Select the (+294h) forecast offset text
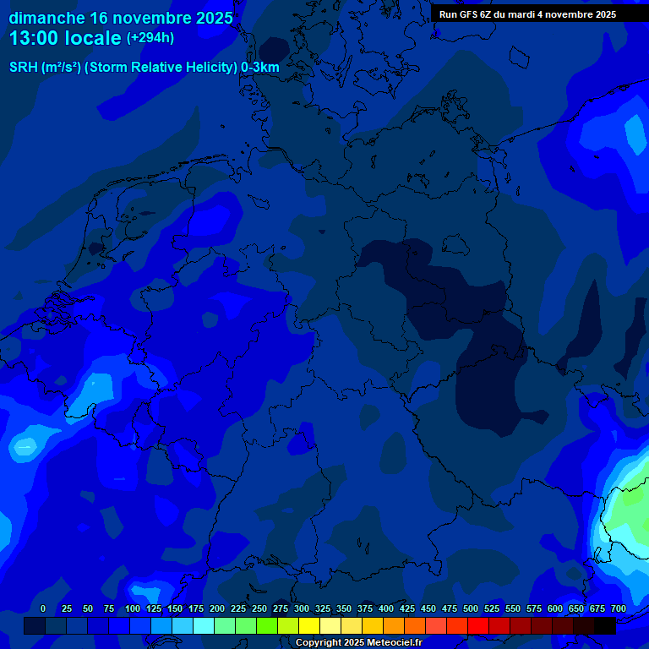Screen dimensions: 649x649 [150, 38]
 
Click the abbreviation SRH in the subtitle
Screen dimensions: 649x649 [24, 68]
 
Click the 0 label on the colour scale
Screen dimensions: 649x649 [43, 608]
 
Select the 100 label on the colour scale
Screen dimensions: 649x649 [133, 608]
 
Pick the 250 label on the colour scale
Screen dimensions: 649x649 [259, 608]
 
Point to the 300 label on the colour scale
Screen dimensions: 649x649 [302, 608]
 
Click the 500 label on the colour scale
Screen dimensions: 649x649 [471, 608]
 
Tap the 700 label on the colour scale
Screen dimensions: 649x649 [618, 608]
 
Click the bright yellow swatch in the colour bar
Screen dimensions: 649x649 [309, 625]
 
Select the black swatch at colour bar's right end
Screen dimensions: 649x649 [605, 625]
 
